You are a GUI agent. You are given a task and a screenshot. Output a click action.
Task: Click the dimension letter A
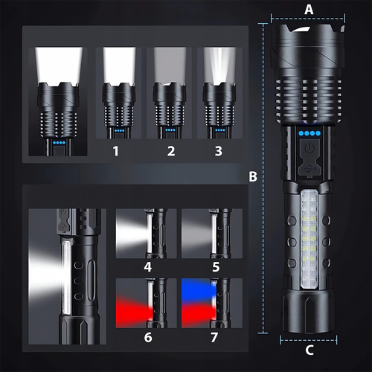click(x=309, y=10)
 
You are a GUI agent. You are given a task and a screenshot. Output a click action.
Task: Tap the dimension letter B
click(x=253, y=176)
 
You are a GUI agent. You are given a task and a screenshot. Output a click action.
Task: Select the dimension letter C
click(x=310, y=350)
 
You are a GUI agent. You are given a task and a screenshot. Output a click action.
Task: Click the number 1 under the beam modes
click(x=115, y=151)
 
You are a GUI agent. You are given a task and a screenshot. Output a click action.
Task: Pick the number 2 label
click(x=171, y=151)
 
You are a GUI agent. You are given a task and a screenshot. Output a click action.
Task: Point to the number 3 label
click(x=219, y=151)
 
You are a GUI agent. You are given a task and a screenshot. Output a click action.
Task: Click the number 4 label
click(x=148, y=267)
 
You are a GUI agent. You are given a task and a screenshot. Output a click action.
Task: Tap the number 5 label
click(x=216, y=267)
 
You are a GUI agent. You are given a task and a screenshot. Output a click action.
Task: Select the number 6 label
click(x=148, y=337)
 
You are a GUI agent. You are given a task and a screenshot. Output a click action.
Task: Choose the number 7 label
click(x=214, y=337)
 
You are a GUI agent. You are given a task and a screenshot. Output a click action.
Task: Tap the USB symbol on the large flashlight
click(x=310, y=169)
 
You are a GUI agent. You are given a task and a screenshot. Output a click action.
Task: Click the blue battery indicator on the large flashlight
click(x=310, y=133)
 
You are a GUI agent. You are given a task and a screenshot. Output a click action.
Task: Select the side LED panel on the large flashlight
click(x=310, y=240)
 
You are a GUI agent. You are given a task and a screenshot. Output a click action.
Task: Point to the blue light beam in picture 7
click(x=199, y=289)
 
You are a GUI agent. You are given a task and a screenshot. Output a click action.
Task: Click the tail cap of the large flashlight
click(x=309, y=312)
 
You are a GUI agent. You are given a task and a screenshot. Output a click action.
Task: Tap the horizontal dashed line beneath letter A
click(x=308, y=19)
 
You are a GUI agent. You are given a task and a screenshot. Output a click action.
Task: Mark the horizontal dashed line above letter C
click(x=309, y=340)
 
